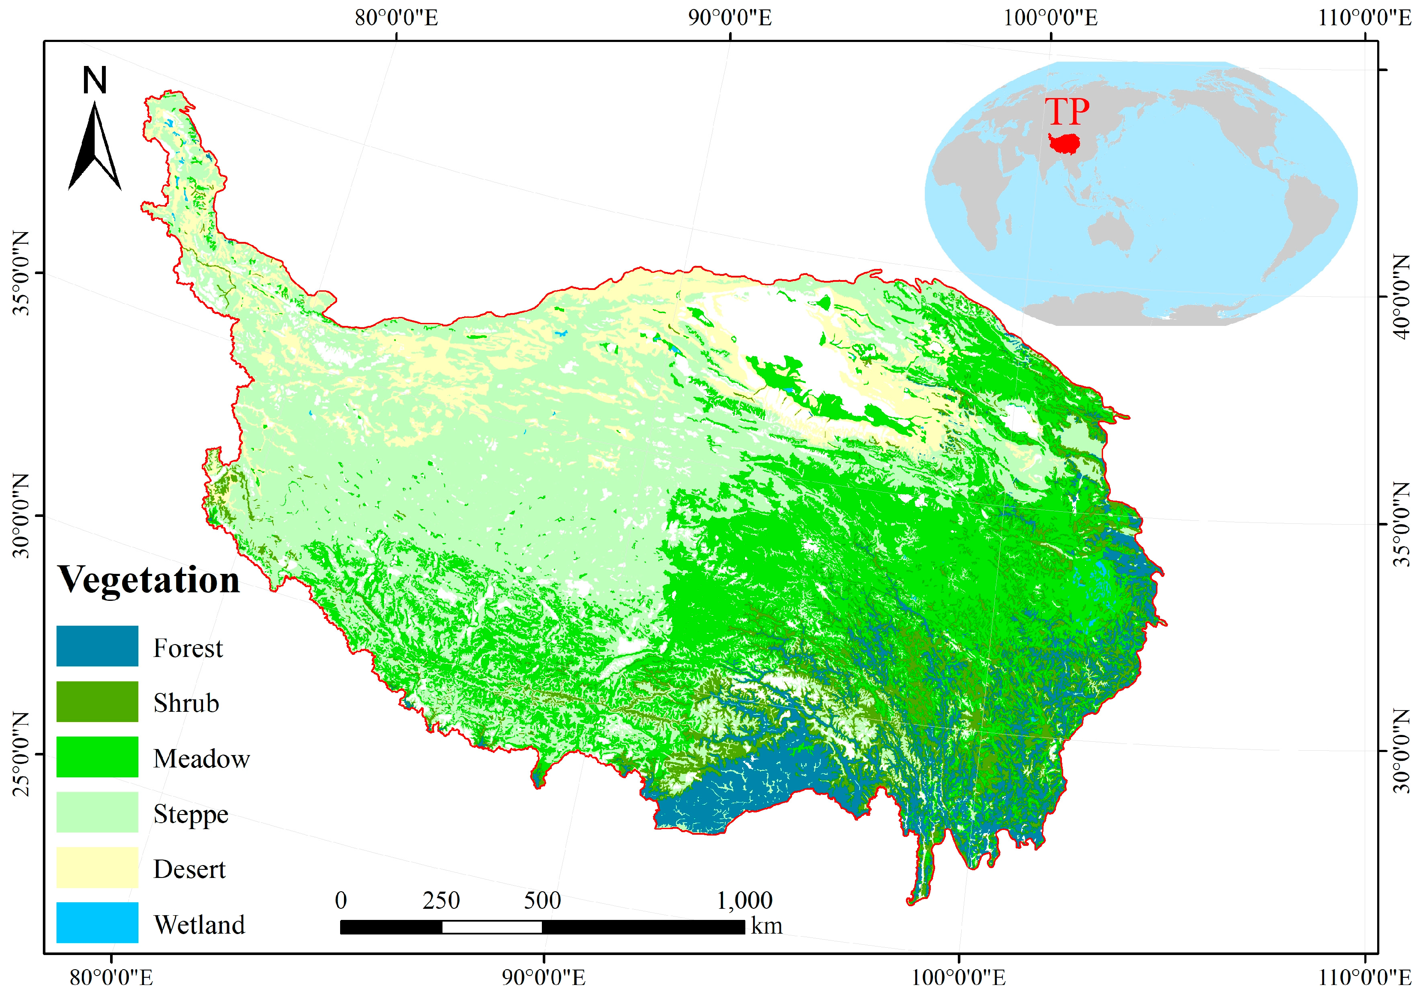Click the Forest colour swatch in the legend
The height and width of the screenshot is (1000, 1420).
[x=97, y=646]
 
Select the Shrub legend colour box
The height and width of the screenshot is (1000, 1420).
[x=97, y=701]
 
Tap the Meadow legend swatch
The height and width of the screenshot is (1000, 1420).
[x=97, y=756]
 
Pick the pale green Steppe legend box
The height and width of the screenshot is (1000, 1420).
[x=97, y=812]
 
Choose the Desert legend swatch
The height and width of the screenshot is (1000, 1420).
[x=97, y=867]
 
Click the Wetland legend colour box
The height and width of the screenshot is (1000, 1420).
[x=97, y=922]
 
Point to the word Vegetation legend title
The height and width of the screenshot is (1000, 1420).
[x=149, y=580]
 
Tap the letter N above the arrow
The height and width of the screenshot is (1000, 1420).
[x=95, y=81]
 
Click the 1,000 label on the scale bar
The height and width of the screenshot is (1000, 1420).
[x=744, y=901]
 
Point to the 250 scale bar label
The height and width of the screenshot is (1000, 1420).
[x=441, y=901]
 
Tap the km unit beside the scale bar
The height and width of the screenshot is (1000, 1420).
[x=766, y=926]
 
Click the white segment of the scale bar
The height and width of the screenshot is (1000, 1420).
[x=492, y=926]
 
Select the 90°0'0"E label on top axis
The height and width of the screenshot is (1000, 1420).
[x=730, y=17]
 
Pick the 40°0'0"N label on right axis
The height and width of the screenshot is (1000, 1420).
[x=1403, y=297]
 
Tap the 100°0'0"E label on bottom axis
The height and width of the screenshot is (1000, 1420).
[x=959, y=978]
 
